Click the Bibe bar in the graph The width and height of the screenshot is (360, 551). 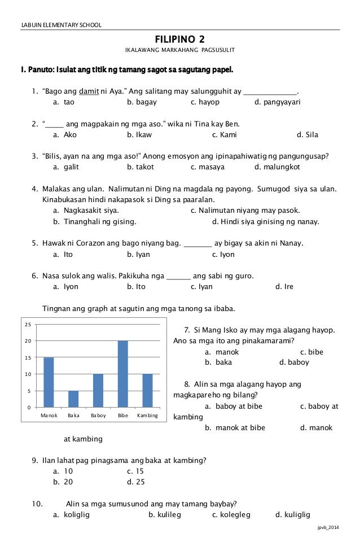(x=123, y=374)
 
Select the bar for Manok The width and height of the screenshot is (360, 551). (x=49, y=382)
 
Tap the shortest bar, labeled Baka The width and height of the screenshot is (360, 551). (x=73, y=399)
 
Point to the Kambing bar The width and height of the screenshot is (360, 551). (x=148, y=390)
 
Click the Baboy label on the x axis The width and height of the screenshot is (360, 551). (x=98, y=416)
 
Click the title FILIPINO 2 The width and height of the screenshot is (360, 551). (x=179, y=39)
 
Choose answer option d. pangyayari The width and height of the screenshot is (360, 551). (x=278, y=103)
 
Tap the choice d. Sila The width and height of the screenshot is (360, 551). (x=308, y=135)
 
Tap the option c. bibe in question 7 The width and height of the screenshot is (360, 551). (x=311, y=352)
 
